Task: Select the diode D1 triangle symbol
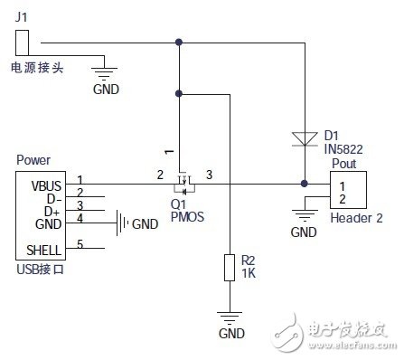(x=305, y=139)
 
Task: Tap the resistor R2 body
(x=230, y=268)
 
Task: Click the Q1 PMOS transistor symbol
(x=184, y=184)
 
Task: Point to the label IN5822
(x=343, y=149)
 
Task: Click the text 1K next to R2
(x=249, y=273)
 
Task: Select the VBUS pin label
(x=46, y=186)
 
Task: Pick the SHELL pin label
(x=43, y=251)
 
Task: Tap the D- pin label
(x=54, y=199)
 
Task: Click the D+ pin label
(x=52, y=212)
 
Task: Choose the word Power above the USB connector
(x=33, y=160)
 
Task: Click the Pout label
(x=344, y=164)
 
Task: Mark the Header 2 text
(x=357, y=218)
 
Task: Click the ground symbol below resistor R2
(x=230, y=317)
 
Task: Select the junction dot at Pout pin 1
(x=305, y=184)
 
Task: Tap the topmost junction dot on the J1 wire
(x=179, y=43)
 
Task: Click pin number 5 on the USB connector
(x=80, y=243)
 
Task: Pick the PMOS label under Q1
(x=187, y=216)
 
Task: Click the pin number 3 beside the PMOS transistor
(x=209, y=175)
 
